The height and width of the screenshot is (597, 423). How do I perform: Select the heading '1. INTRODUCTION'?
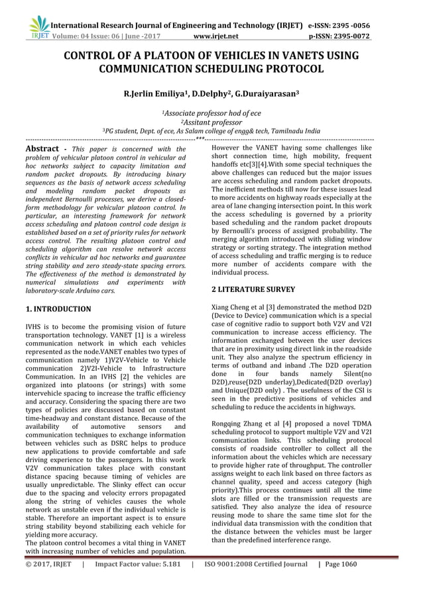[x=58, y=309]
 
